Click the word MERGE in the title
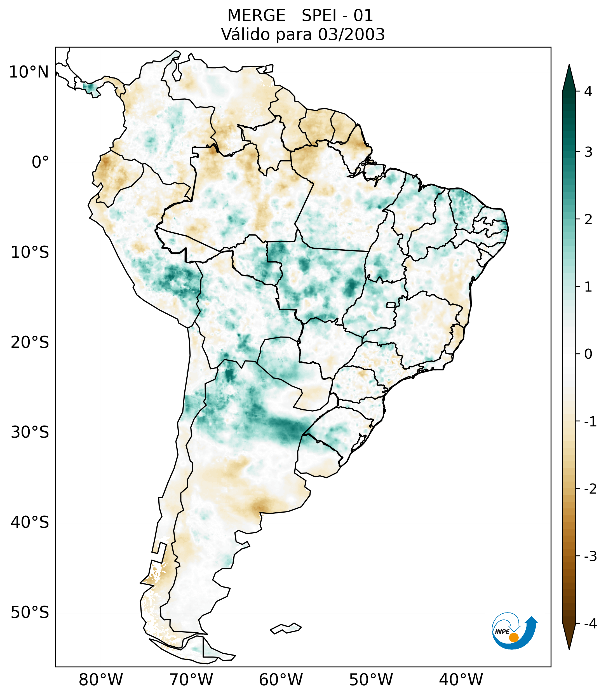coord(256,16)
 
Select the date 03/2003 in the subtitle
coord(351,34)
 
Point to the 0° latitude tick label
coord(40,162)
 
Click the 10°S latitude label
coord(30,252)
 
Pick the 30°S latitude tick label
coord(30,432)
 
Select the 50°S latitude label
coord(30,612)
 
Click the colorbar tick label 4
coord(588,91)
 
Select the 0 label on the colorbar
coord(588,354)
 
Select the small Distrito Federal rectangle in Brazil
coord(391,304)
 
